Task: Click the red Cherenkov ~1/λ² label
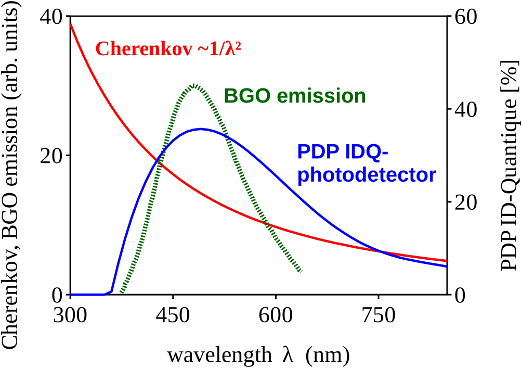coord(169,49)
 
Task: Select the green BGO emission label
coord(294,96)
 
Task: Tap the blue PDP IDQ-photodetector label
coord(366,164)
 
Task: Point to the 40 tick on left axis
coord(51,17)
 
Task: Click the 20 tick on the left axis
coord(51,156)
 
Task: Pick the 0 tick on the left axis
coord(57,295)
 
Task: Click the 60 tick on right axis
coord(466,17)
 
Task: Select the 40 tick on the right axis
coord(466,109)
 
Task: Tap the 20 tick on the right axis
coord(466,202)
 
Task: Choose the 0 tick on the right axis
coord(460,295)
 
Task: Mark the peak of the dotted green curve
coord(194,84)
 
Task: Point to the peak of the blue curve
coord(201,129)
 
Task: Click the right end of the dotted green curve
coord(300,271)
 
